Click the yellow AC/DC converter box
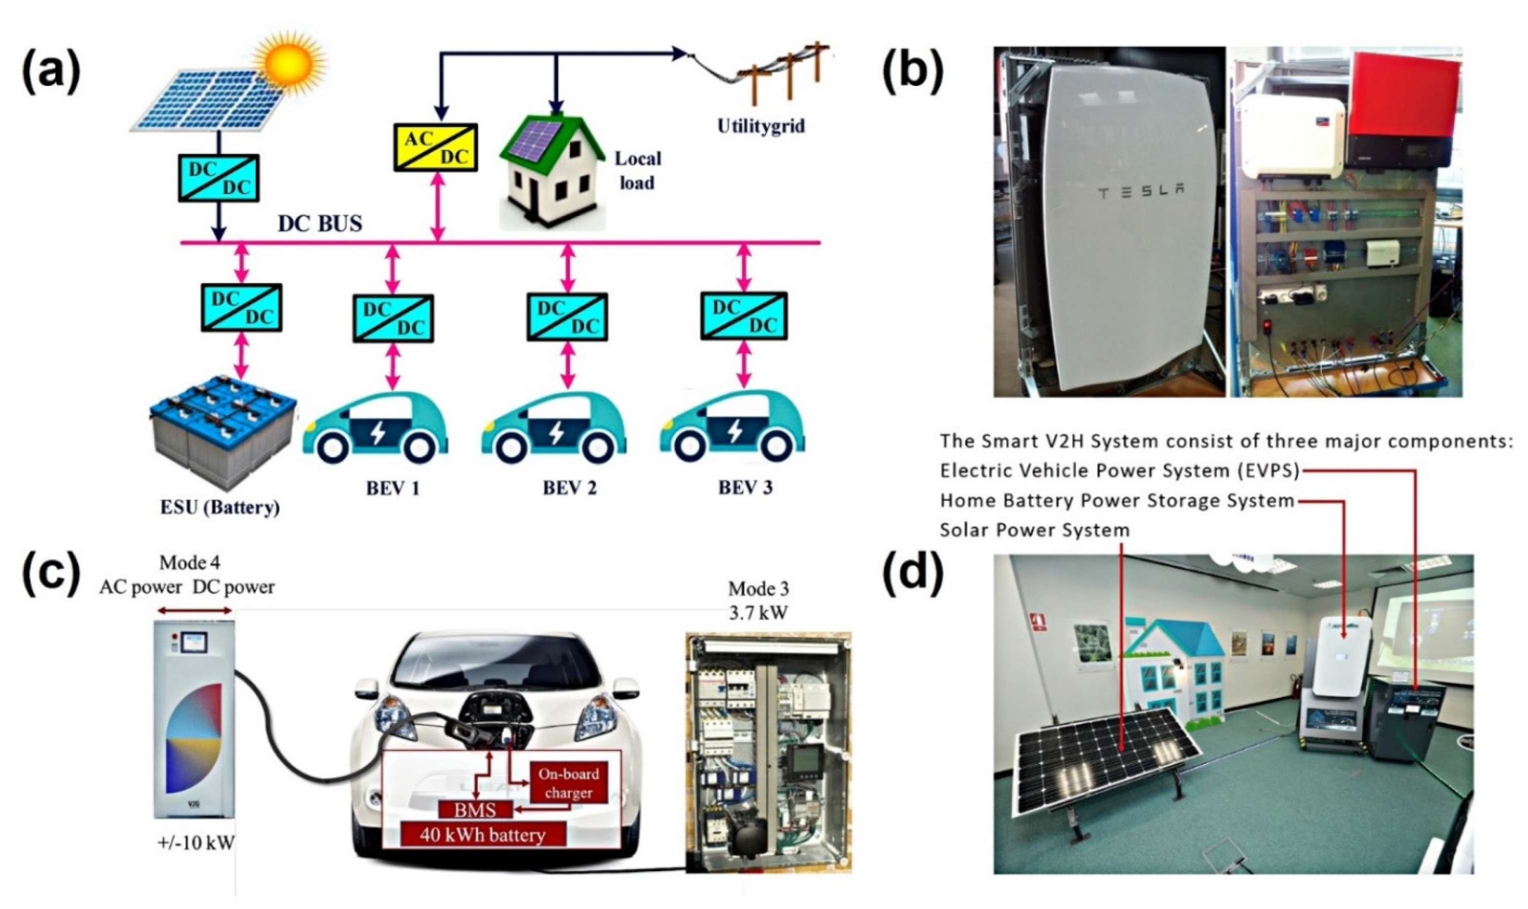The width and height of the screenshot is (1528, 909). [x=435, y=147]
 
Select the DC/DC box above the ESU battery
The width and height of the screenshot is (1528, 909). [x=241, y=307]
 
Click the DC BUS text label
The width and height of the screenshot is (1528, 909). [x=320, y=223]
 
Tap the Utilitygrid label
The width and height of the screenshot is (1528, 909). [x=761, y=126]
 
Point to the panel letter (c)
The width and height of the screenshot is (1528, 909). [x=51, y=575]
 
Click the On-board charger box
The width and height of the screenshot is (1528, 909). [x=568, y=783]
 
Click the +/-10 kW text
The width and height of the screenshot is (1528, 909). [x=196, y=844]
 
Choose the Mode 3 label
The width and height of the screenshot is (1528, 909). [x=758, y=589]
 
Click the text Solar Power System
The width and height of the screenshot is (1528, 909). [x=1034, y=530]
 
